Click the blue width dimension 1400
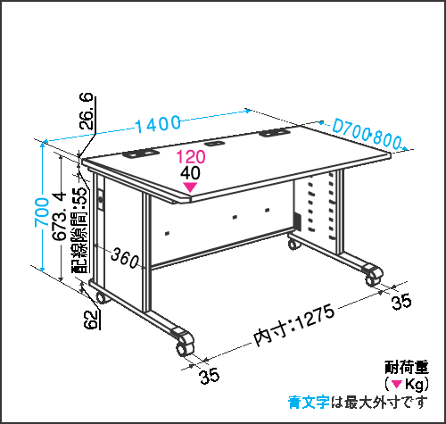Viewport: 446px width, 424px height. tap(158, 124)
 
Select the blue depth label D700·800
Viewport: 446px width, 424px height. tap(367, 134)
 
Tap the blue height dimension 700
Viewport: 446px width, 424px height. tap(42, 212)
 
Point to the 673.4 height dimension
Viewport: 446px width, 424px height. tap(59, 216)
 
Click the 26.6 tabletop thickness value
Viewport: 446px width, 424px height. tap(87, 111)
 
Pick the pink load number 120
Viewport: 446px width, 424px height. tap(191, 157)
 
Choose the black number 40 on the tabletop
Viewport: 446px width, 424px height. tap(190, 172)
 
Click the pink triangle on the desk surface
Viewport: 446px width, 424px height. tap(190, 187)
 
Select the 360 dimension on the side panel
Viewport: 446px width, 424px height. tap(125, 258)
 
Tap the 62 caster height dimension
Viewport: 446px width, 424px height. tap(91, 320)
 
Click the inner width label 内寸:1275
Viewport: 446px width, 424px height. tap(294, 325)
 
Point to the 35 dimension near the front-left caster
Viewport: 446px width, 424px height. tap(210, 377)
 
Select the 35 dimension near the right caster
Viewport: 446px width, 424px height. tap(401, 302)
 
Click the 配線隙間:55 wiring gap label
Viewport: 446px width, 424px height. tap(80, 230)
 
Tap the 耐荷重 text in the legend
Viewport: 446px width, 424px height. tap(407, 367)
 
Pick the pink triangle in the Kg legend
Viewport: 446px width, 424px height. tap(397, 384)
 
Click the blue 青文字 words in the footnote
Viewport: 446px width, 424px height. tap(309, 403)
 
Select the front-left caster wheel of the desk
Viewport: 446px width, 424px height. tap(184, 345)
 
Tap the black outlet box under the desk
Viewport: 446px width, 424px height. tap(297, 221)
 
